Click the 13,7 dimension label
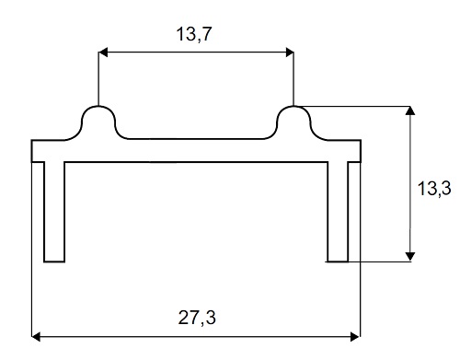click(194, 34)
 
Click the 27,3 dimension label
click(197, 318)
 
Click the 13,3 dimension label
click(434, 188)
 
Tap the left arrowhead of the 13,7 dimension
click(103, 52)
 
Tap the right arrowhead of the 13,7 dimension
click(289, 52)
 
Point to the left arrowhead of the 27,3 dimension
click(36, 337)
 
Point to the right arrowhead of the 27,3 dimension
click(355, 337)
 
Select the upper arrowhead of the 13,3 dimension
click(410, 110)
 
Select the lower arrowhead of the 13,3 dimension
click(410, 257)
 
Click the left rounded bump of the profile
click(98, 107)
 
